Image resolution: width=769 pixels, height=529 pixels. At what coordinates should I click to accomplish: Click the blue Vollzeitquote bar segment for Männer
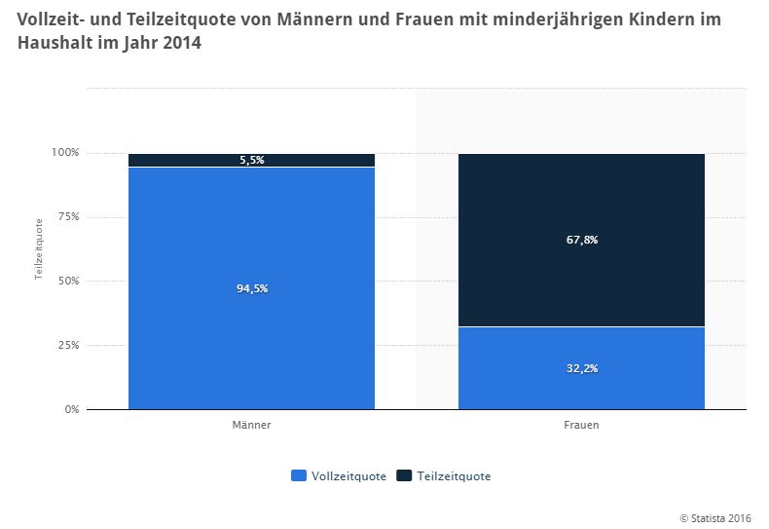click(251, 331)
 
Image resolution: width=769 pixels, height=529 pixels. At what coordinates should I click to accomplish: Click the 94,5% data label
click(251, 288)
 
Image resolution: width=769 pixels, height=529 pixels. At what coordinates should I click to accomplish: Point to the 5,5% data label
click(251, 161)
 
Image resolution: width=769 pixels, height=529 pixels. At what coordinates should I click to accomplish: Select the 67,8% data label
click(581, 240)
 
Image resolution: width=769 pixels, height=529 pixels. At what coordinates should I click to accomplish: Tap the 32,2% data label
click(581, 368)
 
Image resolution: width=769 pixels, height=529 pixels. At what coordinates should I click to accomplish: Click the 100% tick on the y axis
click(65, 153)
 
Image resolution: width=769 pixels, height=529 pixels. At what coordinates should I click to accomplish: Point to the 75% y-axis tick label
click(67, 217)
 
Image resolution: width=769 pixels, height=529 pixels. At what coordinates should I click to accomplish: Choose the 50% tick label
click(67, 282)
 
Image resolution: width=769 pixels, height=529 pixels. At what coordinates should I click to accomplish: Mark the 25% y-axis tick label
click(67, 345)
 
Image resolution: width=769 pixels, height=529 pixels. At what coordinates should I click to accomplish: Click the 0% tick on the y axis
click(70, 410)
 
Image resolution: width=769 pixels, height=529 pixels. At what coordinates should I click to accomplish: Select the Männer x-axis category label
click(251, 426)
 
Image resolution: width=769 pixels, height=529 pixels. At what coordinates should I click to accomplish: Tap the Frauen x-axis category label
click(581, 426)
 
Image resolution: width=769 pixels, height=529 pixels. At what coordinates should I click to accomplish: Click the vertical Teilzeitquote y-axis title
click(39, 249)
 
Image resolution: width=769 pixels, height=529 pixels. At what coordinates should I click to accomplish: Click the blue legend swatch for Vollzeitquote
click(299, 476)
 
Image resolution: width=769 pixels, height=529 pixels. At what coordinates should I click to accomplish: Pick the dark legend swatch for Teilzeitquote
click(404, 476)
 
